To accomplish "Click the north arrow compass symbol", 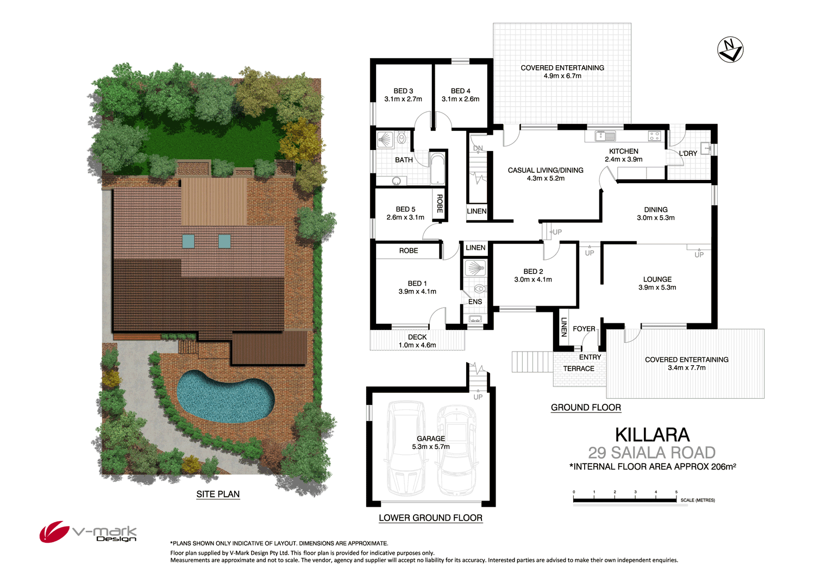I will (x=730, y=50).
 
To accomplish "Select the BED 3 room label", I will (x=403, y=95).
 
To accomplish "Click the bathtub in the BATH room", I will (x=437, y=168).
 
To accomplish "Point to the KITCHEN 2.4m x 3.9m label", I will (x=623, y=155).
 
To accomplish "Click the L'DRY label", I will (x=688, y=154).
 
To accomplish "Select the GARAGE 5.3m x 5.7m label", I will (x=431, y=442).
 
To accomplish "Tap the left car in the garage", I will (x=405, y=448).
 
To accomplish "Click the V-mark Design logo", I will (x=88, y=532).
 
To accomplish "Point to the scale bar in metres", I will (x=625, y=499).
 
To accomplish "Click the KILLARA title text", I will (x=652, y=435).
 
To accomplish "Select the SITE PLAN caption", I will (x=218, y=494).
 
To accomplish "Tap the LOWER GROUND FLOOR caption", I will (x=430, y=518).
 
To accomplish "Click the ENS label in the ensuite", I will (x=475, y=302).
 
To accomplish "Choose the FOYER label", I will (x=584, y=329).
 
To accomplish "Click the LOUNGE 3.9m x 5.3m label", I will (x=657, y=283).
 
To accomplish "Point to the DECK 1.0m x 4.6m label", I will (x=417, y=341).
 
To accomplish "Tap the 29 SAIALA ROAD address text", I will (x=651, y=453).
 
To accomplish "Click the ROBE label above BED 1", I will (x=409, y=251).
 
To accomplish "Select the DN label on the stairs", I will (x=478, y=148).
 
